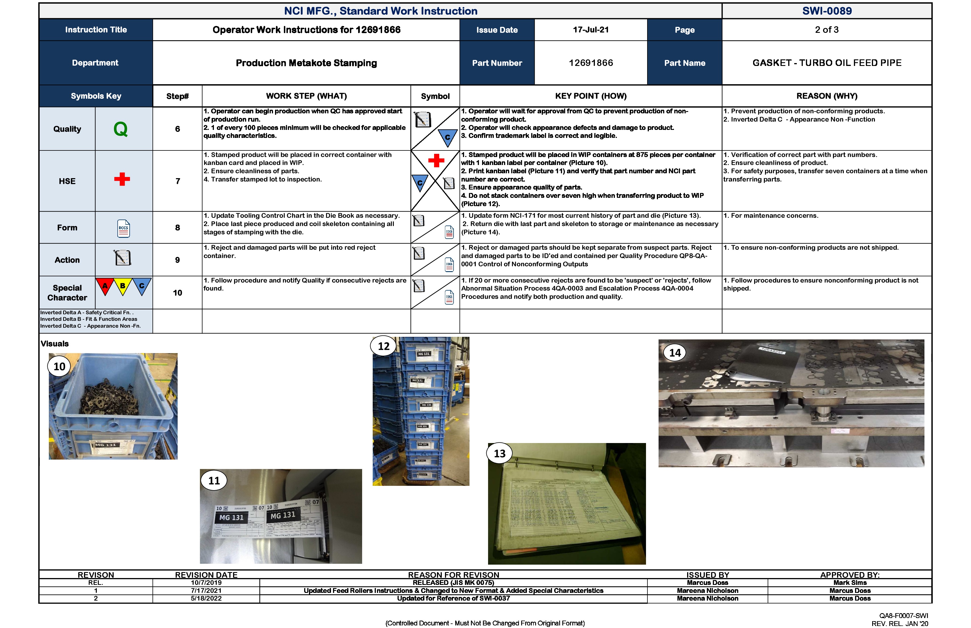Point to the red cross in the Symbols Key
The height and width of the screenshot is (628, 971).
coord(122,179)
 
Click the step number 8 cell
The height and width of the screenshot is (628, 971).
coord(177,228)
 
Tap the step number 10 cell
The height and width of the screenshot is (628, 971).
coord(177,293)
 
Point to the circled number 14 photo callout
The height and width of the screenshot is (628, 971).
coord(675,353)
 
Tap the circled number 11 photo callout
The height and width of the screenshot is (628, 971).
coord(214,481)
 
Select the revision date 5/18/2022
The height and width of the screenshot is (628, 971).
coord(206,598)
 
